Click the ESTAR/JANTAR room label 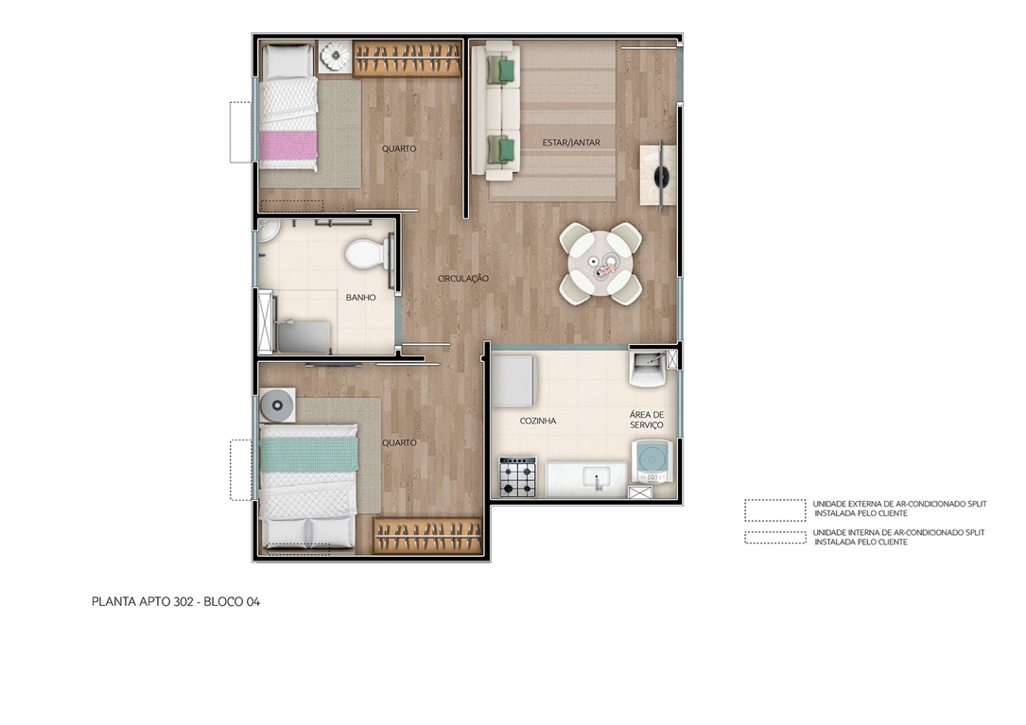click(x=571, y=143)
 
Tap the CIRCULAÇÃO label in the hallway click(x=462, y=279)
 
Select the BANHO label click(x=360, y=297)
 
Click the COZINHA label click(x=537, y=421)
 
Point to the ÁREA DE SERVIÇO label click(x=647, y=421)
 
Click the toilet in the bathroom click(x=364, y=253)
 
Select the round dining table click(x=600, y=263)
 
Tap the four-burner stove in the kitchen click(x=517, y=476)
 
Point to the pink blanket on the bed click(x=288, y=146)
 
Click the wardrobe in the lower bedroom click(x=428, y=536)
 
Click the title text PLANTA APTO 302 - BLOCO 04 click(x=176, y=601)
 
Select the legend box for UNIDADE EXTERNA click(x=774, y=509)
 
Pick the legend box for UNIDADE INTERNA click(x=774, y=538)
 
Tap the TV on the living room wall click(x=660, y=175)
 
